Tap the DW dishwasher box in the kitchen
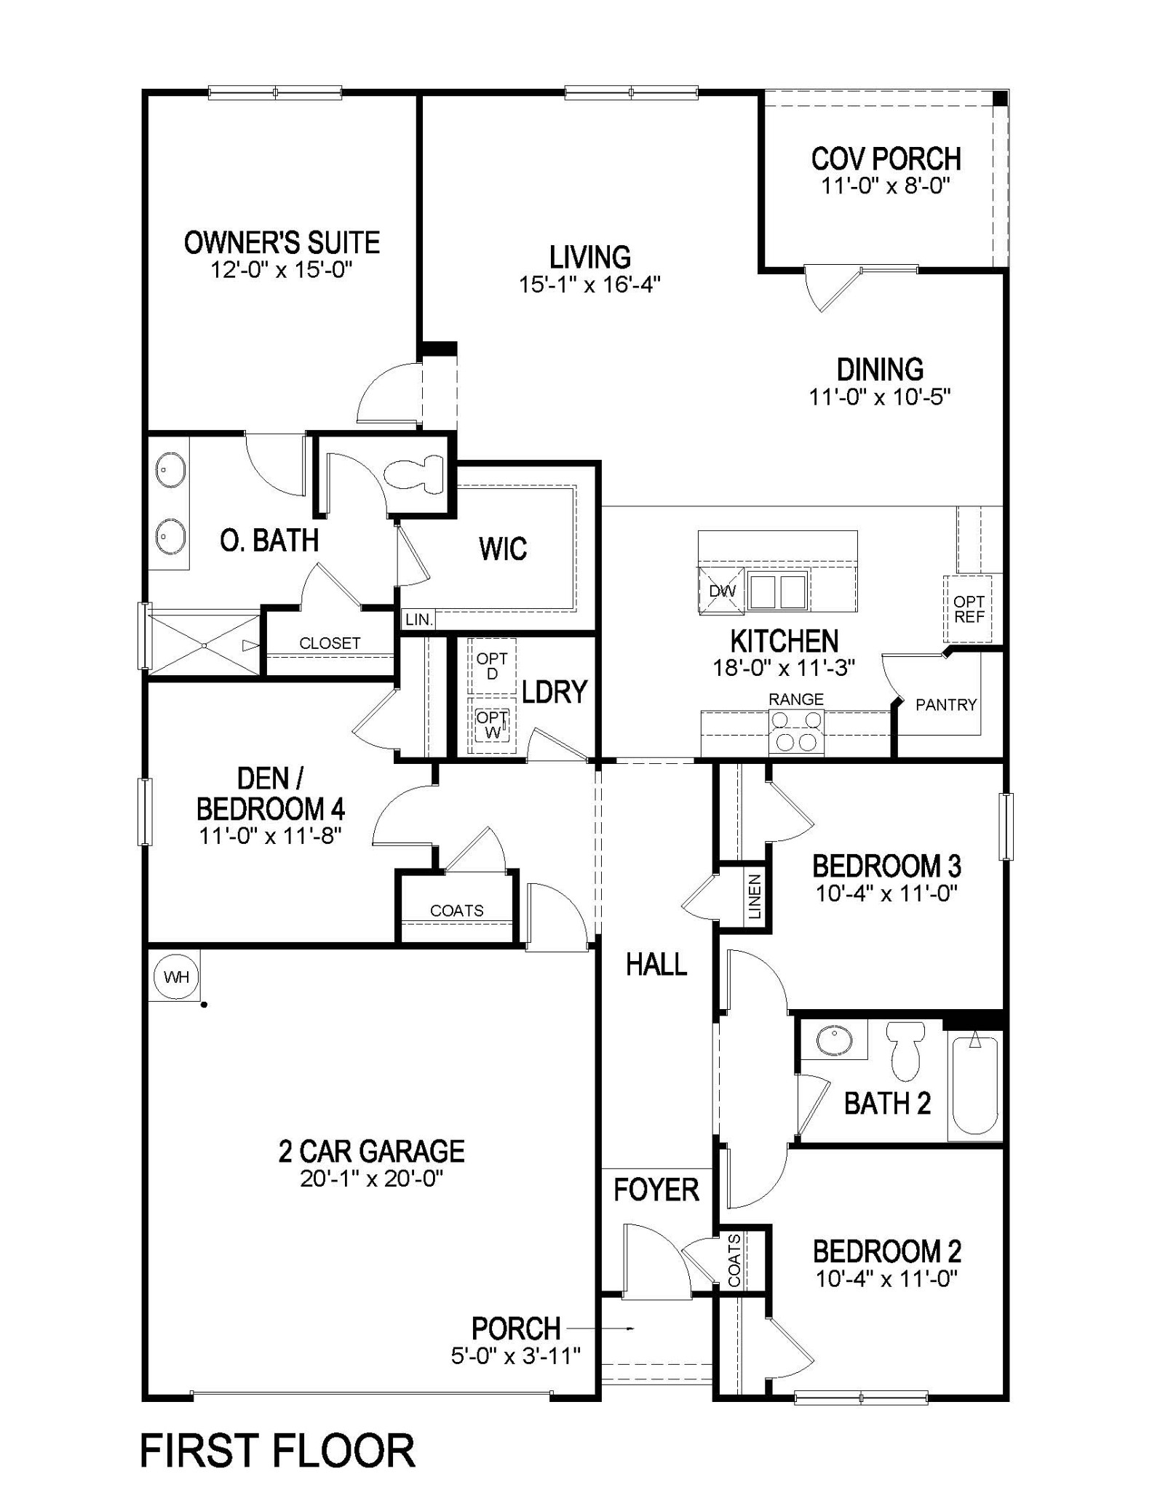[722, 591]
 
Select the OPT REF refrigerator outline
[969, 609]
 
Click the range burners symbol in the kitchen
[796, 731]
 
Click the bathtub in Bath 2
[974, 1085]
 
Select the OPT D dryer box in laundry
[493, 666]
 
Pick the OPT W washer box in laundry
[493, 725]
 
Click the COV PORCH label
[886, 159]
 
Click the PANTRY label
[945, 704]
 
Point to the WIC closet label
[503, 549]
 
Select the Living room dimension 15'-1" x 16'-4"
[589, 284]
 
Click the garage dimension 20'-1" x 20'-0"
[372, 1178]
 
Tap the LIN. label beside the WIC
[419, 620]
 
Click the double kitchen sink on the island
[778, 590]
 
